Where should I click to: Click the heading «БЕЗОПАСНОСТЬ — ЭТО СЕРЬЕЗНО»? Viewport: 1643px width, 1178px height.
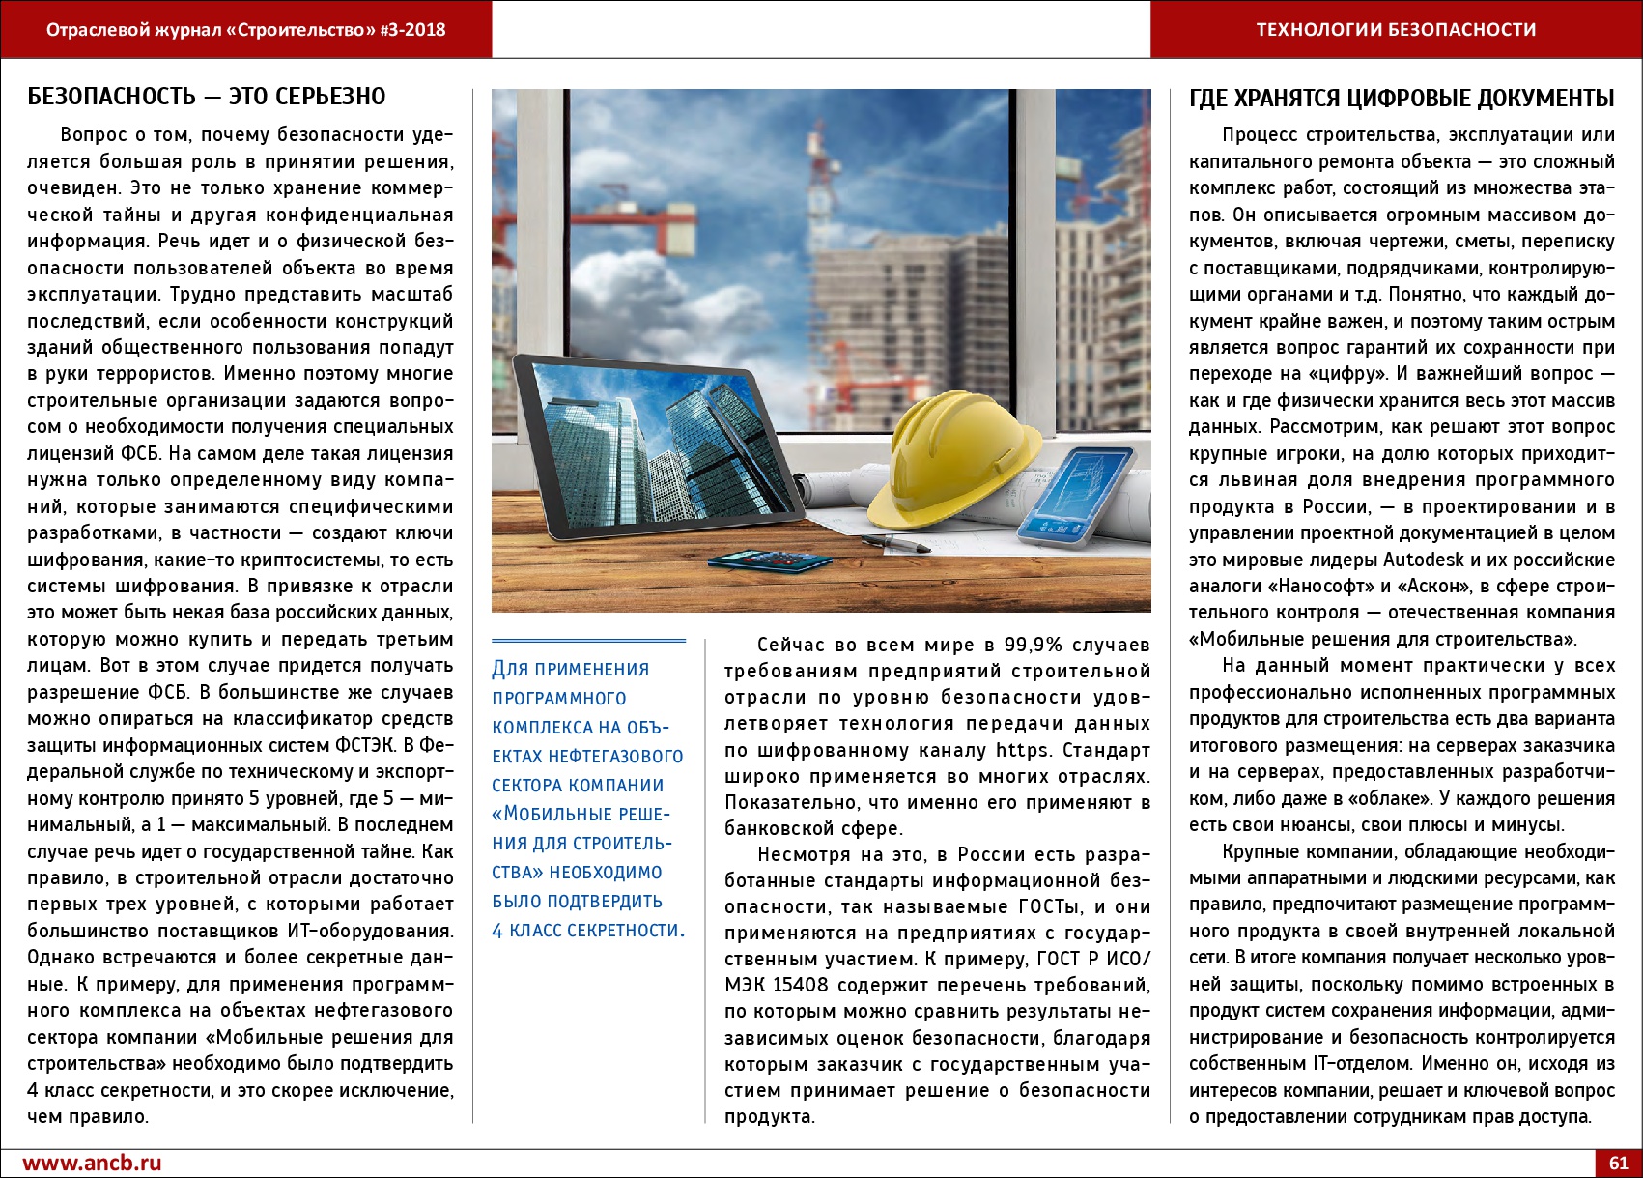click(x=206, y=97)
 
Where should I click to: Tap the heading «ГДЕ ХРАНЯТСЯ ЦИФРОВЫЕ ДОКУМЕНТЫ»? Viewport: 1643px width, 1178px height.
click(x=1402, y=99)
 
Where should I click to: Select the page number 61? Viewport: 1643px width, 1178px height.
click(x=1618, y=1163)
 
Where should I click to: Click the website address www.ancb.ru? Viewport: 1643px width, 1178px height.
click(x=92, y=1163)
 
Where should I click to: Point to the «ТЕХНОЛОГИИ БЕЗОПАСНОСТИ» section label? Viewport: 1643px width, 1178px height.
click(x=1396, y=30)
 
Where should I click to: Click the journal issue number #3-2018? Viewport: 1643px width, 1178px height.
click(x=413, y=30)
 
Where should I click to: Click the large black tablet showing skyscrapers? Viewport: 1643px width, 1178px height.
click(x=657, y=445)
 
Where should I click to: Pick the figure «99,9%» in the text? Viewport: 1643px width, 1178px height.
click(x=1034, y=645)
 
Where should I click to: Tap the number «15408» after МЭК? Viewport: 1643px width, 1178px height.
click(x=801, y=985)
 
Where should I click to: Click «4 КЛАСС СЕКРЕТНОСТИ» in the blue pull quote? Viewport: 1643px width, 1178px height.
click(x=587, y=931)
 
